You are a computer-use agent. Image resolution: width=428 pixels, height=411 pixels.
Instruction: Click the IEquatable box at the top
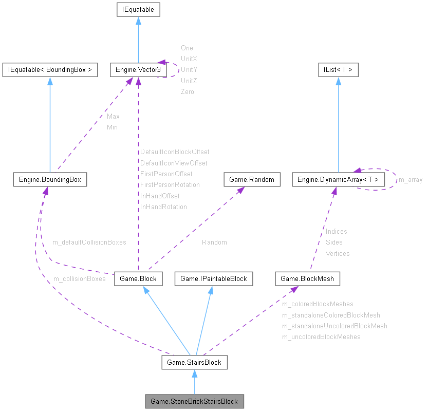pyautogui.click(x=138, y=9)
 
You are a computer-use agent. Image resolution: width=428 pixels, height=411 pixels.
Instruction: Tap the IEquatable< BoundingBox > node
pyautogui.click(x=50, y=70)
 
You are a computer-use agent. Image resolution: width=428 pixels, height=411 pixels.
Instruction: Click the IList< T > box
pyautogui.click(x=338, y=70)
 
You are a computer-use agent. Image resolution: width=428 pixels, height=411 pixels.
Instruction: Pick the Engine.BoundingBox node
pyautogui.click(x=50, y=179)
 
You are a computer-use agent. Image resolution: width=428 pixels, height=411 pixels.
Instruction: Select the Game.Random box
pyautogui.click(x=252, y=179)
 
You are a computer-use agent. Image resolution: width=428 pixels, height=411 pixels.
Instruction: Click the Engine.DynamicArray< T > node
pyautogui.click(x=338, y=179)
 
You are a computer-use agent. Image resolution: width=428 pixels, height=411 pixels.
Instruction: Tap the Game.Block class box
pyautogui.click(x=138, y=278)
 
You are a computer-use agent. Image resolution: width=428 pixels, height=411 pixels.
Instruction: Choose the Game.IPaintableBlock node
pyautogui.click(x=213, y=278)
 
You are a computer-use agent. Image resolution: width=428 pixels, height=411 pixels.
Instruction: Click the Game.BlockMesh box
pyautogui.click(x=307, y=278)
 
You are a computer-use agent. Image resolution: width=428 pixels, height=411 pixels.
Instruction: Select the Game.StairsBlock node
pyautogui.click(x=194, y=362)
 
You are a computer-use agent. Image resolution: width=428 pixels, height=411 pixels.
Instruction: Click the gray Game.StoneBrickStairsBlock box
pyautogui.click(x=194, y=400)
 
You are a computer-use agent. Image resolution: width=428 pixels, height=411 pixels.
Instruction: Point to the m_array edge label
pyautogui.click(x=411, y=179)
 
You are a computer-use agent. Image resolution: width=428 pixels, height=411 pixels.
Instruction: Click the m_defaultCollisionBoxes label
pyautogui.click(x=89, y=241)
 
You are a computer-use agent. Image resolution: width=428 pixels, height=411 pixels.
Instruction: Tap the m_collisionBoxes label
pyautogui.click(x=79, y=278)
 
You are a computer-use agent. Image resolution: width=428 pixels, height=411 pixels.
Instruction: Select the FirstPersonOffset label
pyautogui.click(x=166, y=174)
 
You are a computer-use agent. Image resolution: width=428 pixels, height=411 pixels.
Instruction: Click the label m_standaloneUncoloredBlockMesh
pyautogui.click(x=334, y=326)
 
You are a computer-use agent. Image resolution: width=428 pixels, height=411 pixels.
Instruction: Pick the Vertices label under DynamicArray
pyautogui.click(x=338, y=253)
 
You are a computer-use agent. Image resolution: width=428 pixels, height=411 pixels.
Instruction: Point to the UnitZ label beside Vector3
pyautogui.click(x=189, y=81)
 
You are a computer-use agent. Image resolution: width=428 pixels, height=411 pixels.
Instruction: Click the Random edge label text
pyautogui.click(x=214, y=242)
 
